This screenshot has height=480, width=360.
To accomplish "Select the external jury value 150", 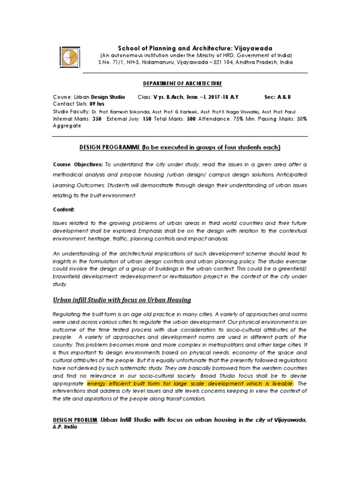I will click(147, 119).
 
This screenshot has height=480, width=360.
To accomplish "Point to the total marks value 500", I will click(191, 119).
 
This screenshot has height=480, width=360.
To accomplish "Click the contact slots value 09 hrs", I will click(97, 104).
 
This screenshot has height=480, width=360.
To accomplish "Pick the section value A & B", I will click(284, 97).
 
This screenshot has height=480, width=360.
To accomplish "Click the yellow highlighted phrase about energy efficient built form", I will click(190, 383).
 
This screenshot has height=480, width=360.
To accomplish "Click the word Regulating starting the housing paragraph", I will click(67, 314).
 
